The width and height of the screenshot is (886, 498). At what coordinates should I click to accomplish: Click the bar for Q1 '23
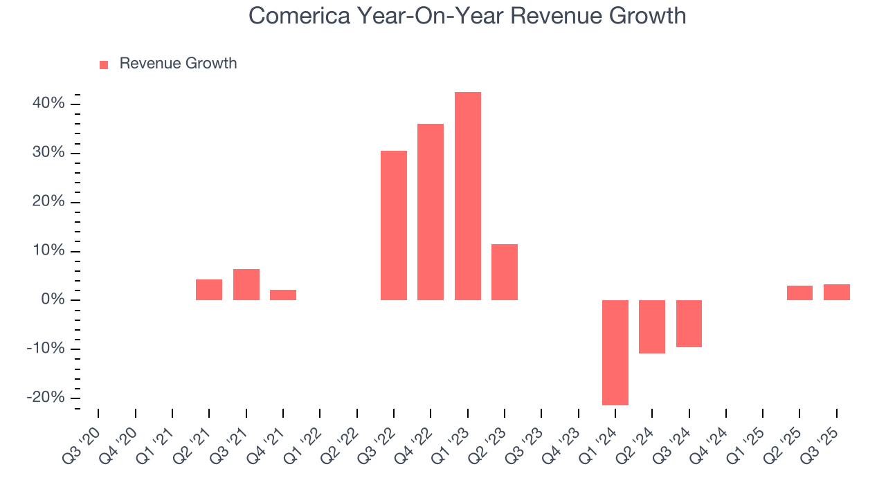467,196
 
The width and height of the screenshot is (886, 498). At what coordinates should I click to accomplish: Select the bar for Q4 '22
431,212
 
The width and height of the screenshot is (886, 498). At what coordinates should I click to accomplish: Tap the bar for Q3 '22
394,225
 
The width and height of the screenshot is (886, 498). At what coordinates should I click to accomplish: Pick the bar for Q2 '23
505,272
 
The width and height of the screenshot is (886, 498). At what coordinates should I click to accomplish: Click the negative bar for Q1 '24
615,352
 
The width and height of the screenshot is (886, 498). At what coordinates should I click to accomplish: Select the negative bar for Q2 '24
652,326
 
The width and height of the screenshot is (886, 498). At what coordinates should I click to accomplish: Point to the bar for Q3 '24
689,323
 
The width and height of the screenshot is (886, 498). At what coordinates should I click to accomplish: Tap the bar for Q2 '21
209,290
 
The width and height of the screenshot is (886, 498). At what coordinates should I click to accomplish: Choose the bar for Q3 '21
246,284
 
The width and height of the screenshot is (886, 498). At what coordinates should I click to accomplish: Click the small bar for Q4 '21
283,295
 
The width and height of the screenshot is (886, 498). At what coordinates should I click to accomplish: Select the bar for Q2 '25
799,293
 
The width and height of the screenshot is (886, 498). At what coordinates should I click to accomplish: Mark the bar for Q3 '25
836,292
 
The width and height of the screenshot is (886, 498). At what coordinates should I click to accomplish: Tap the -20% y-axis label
45,398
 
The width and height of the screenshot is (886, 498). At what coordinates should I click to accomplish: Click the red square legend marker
104,64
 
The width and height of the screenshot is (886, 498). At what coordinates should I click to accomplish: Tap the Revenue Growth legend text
178,64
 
